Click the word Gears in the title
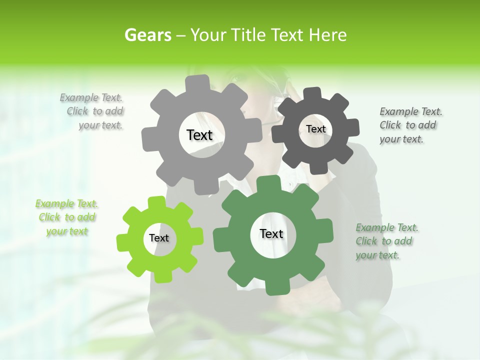pos(147,35)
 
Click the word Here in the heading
pos(327,35)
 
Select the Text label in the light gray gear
pos(199,135)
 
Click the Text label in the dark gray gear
pos(315,129)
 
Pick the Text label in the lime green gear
pos(159,238)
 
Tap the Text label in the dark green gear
pos(271,233)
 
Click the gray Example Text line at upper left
pos(91,97)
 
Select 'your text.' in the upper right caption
pos(401,139)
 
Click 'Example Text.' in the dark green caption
pos(387,228)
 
